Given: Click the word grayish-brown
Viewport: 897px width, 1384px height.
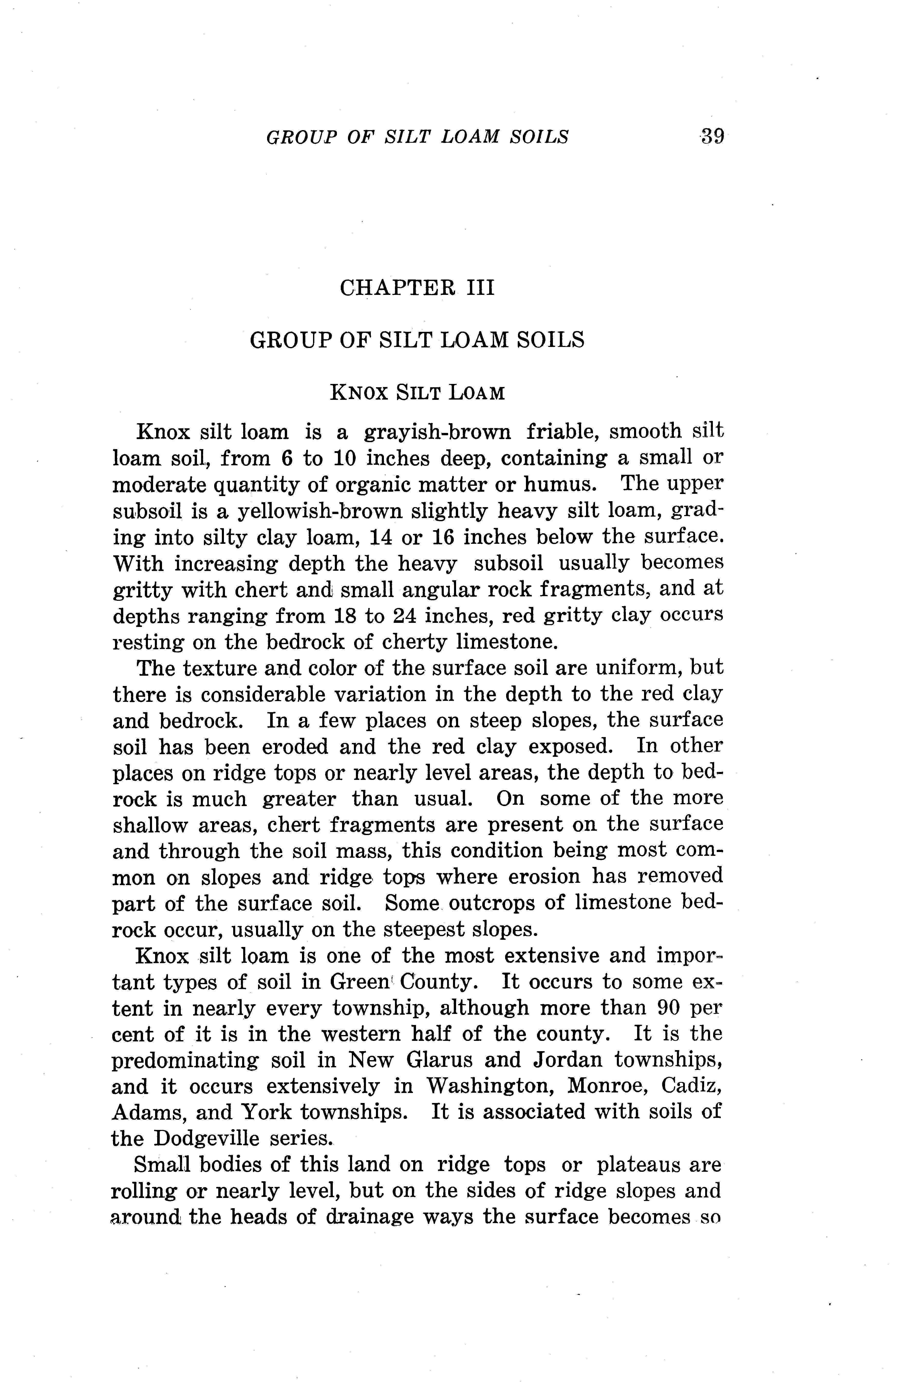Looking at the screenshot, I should coord(437,432).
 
